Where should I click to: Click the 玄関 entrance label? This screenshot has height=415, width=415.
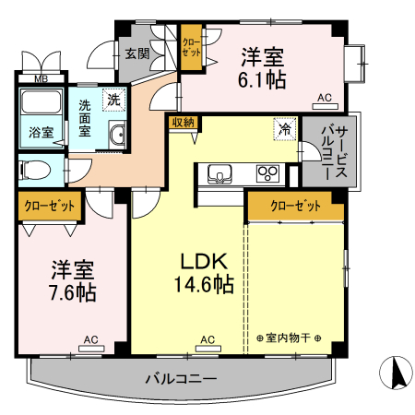(x=137, y=53)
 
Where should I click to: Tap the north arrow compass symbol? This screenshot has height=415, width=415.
(x=397, y=373)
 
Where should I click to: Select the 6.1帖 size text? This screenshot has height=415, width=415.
(x=263, y=80)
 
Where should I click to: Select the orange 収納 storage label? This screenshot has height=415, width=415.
(x=182, y=122)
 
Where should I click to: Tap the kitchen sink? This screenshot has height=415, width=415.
(x=221, y=172)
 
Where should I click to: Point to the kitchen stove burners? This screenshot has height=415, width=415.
(x=269, y=172)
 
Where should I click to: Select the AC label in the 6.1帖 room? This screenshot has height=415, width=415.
(x=325, y=98)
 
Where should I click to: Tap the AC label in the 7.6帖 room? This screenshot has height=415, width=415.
(x=90, y=340)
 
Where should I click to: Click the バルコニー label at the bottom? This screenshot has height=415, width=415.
(x=181, y=379)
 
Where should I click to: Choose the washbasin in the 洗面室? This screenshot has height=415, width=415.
(x=116, y=136)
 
